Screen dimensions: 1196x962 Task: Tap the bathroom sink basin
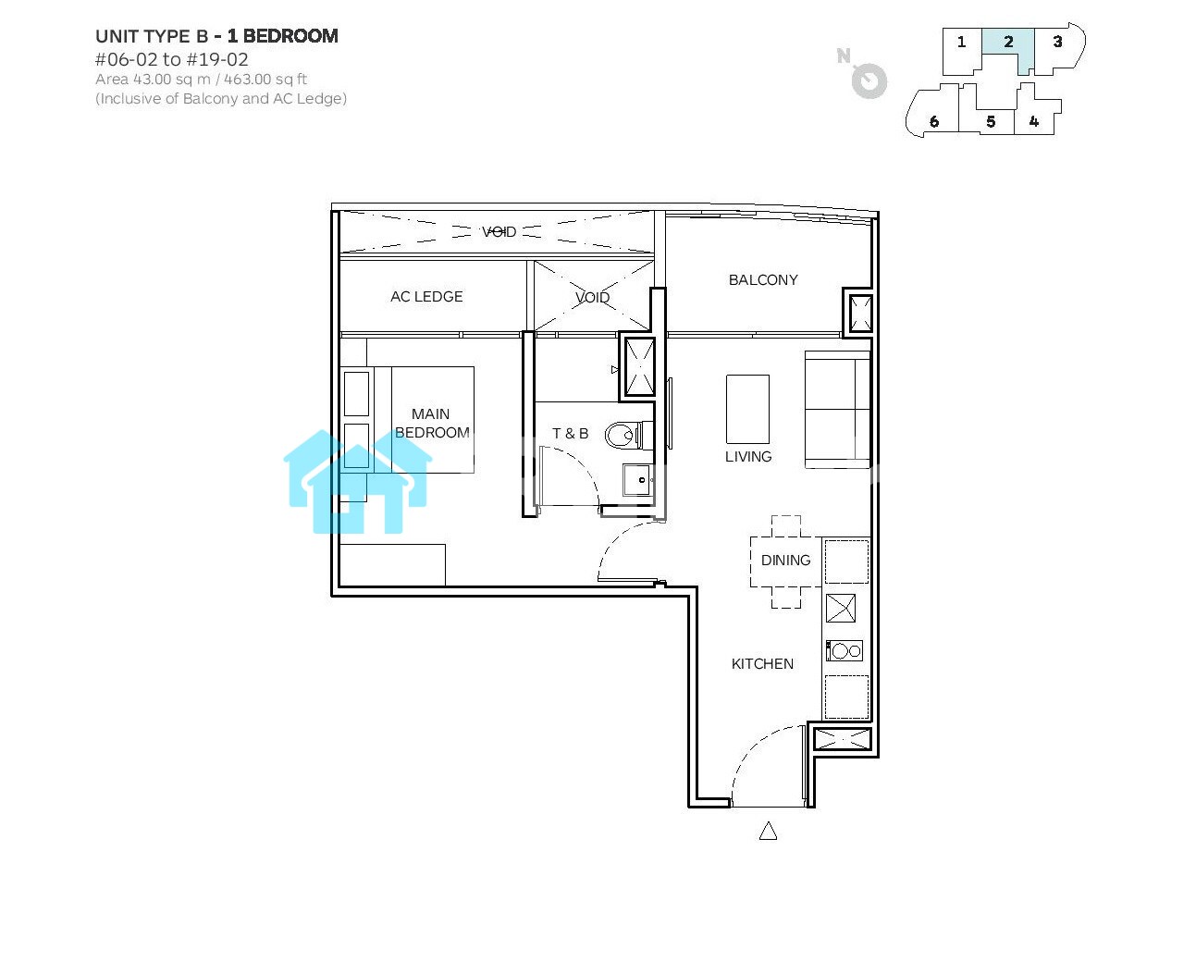637,479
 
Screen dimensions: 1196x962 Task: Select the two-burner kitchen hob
845,650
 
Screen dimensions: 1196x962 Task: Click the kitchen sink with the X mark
841,608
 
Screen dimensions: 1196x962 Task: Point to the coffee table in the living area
747,409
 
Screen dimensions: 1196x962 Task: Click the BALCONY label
763,280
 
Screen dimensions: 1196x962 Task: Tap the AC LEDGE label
426,297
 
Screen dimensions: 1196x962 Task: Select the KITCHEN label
762,663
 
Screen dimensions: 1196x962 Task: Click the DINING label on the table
785,561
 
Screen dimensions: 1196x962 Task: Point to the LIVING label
748,457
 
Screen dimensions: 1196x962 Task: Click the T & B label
570,434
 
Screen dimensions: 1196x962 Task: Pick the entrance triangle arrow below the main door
768,831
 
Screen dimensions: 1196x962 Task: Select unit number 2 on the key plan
1008,42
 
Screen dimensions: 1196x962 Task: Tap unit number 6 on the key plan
934,122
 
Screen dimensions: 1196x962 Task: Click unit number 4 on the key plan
1034,121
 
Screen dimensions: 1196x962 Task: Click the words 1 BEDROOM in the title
282,36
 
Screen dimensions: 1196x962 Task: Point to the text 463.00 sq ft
265,79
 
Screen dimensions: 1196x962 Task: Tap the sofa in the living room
837,410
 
